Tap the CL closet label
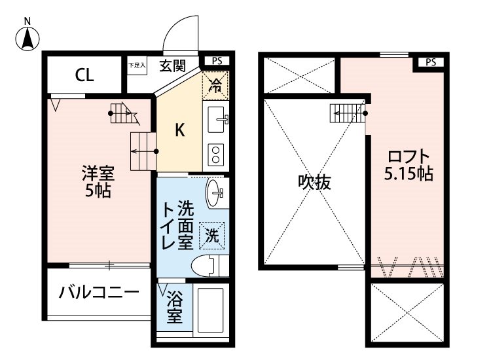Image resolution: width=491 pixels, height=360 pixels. coord(83,75)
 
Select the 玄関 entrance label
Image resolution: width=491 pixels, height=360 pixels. coord(173,65)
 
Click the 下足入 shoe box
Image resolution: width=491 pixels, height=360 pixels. coord(137,66)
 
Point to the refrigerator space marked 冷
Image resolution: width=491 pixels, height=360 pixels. coord(215,84)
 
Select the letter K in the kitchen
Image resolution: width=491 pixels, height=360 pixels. coord(179,130)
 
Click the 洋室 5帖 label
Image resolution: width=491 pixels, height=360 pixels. coord(98,183)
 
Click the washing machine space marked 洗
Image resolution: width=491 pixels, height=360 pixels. coord(213,234)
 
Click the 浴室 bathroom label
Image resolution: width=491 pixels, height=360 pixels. coord(173,308)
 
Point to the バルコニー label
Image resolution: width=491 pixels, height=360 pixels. coord(99,292)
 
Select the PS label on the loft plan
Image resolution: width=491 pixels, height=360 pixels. coord(430,63)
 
